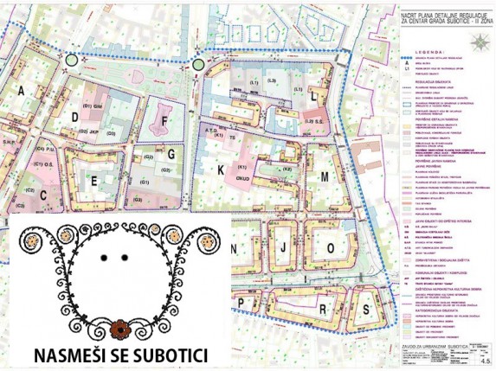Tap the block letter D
(x=76, y=117)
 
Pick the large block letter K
(x=221, y=170)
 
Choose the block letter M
(x=325, y=176)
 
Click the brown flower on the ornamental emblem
(x=121, y=329)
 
